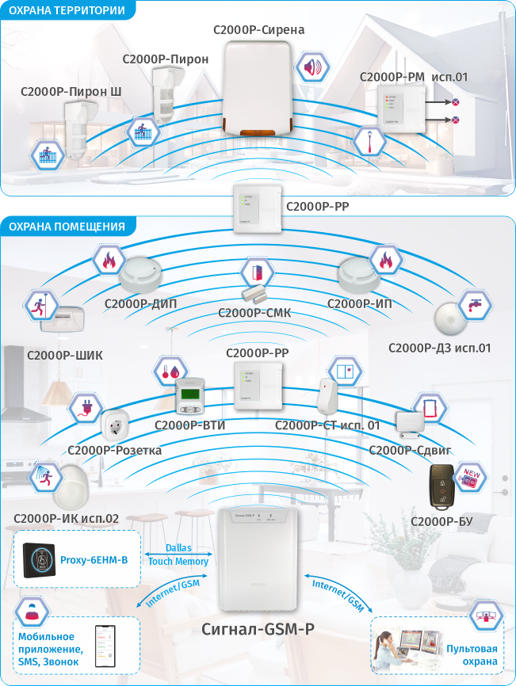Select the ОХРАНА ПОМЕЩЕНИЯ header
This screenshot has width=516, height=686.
point(67,227)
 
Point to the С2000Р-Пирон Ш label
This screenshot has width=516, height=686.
point(71,92)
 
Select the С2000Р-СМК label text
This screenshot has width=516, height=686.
point(254,313)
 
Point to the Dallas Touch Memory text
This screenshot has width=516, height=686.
point(178,555)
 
